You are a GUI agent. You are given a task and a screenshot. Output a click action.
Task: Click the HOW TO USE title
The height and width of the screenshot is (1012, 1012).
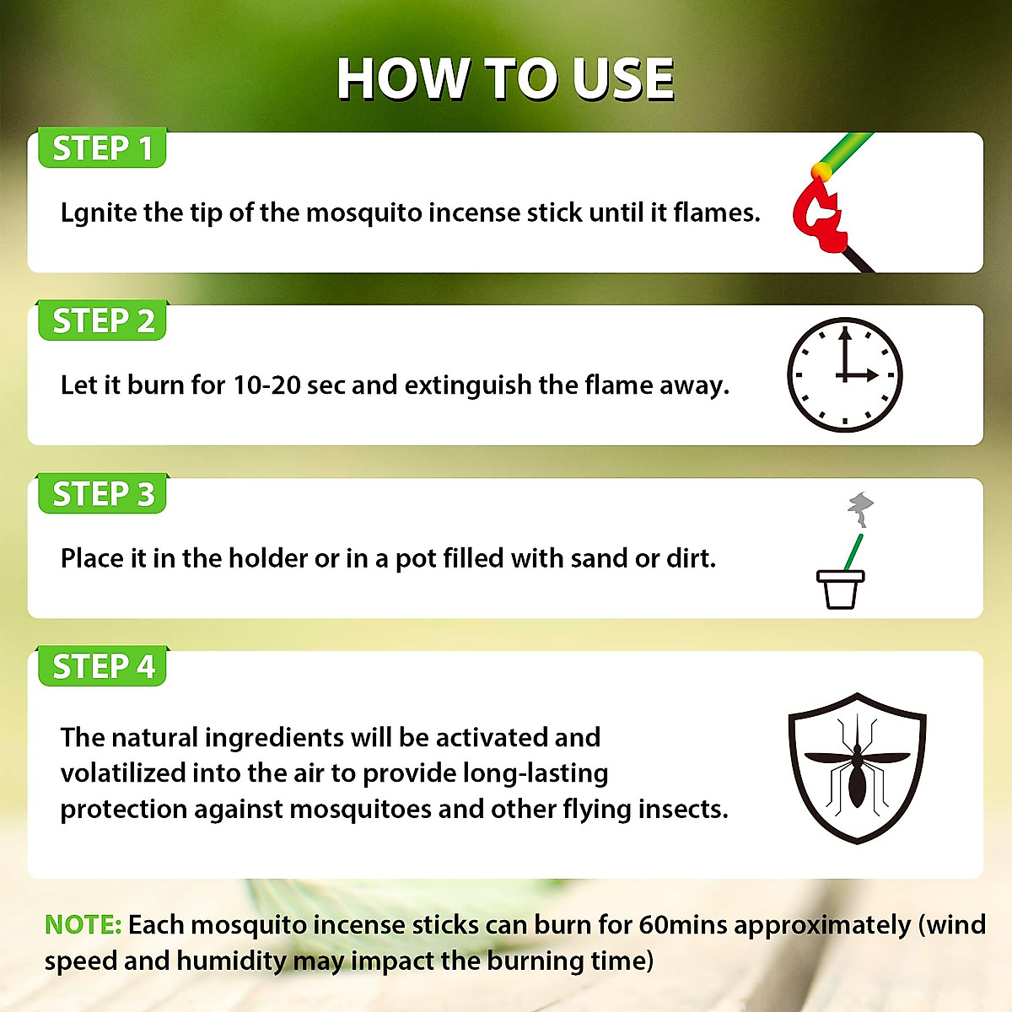point(505,79)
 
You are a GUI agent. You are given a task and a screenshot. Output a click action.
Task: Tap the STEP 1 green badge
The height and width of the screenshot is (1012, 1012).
point(102,148)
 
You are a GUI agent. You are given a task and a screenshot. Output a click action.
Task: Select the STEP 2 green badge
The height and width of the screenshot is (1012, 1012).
point(102,321)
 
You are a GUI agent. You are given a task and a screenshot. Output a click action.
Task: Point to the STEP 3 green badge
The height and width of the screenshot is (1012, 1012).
point(102,494)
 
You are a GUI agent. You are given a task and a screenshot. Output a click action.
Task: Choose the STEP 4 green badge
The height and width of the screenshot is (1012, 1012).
point(102,667)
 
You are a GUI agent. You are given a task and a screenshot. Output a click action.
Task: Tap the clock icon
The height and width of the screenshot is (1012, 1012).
point(844,375)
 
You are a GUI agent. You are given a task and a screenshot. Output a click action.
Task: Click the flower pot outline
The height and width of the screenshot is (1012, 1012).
point(840,589)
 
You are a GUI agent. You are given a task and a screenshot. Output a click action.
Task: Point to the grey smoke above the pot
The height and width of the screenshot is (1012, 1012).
point(859,509)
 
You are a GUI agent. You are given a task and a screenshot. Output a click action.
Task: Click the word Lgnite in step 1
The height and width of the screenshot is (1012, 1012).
point(99,213)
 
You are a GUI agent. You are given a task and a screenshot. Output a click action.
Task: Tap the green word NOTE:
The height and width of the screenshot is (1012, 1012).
point(83,925)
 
